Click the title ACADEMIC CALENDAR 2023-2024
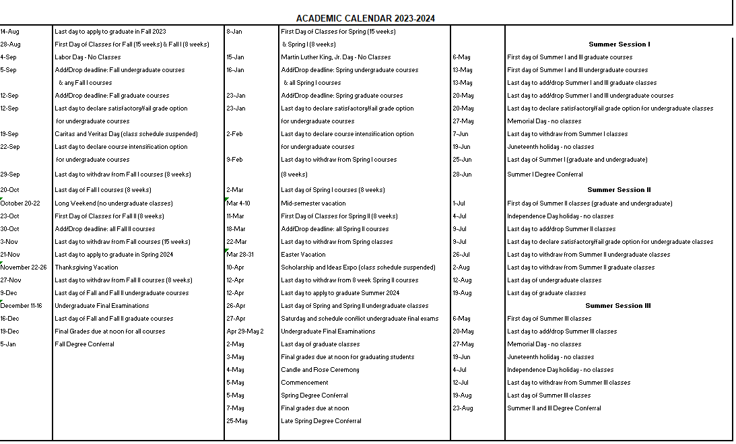pos(365,19)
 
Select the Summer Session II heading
pos(619,190)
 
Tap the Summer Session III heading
pos(618,306)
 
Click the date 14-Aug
pos(9,32)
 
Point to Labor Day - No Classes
pos(88,57)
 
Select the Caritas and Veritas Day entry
pos(126,134)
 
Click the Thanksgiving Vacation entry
pos(86,267)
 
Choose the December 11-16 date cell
pos(22,306)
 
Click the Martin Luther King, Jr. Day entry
pos(335,57)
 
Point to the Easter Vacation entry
pos(303,255)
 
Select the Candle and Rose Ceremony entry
pos(320,370)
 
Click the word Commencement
pos(304,383)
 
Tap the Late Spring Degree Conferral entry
pos(321,421)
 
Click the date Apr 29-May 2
pos(245,331)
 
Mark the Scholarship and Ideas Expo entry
pos(358,267)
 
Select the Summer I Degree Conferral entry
pos(545,175)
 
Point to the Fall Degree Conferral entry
pos(84,344)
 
